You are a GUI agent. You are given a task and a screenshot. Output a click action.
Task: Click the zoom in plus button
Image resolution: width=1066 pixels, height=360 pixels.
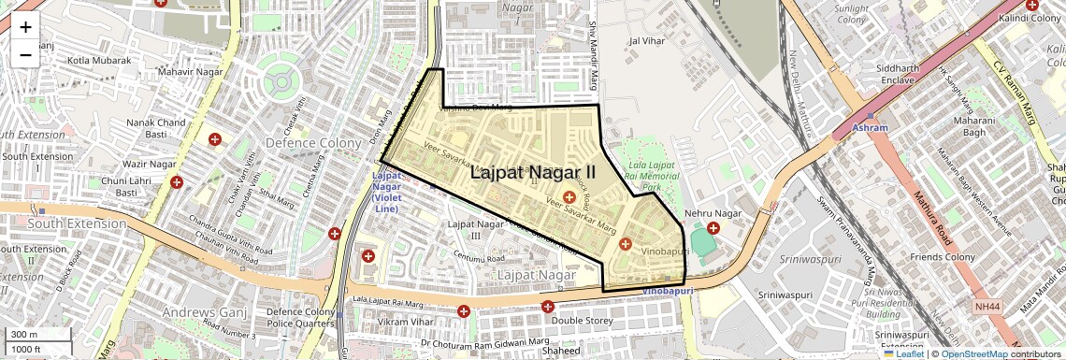click(25, 27)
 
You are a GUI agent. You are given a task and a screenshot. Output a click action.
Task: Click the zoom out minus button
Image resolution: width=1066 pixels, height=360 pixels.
click(25, 55)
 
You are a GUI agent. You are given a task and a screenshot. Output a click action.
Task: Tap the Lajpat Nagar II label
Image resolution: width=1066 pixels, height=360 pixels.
click(532, 172)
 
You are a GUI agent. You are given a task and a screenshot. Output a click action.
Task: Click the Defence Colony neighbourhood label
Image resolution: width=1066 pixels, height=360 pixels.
click(313, 143)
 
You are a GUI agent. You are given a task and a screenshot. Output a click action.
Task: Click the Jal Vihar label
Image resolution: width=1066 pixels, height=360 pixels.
click(647, 41)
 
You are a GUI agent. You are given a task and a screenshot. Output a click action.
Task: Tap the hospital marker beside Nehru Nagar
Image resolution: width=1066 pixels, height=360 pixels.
click(714, 228)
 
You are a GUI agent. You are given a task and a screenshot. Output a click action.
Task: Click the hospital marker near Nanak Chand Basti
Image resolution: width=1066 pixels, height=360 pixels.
click(215, 139)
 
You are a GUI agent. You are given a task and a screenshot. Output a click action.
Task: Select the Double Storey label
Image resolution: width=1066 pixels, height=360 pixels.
click(581, 320)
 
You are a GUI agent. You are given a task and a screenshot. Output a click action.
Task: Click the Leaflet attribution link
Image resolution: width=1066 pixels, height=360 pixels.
click(903, 353)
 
